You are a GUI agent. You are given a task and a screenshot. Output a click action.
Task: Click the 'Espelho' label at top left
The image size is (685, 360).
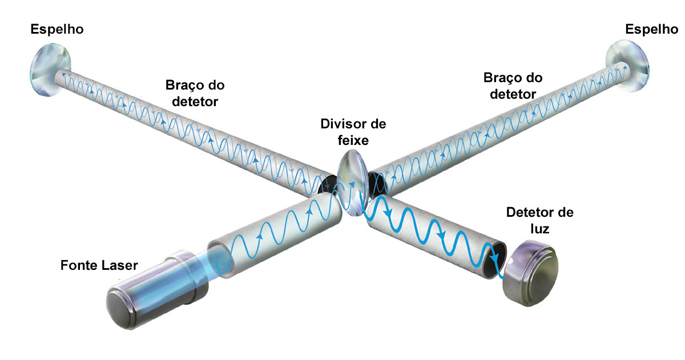point(57,29)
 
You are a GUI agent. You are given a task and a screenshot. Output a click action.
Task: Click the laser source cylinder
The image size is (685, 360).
point(154,288)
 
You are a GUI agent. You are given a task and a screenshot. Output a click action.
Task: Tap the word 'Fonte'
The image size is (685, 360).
point(78,266)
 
